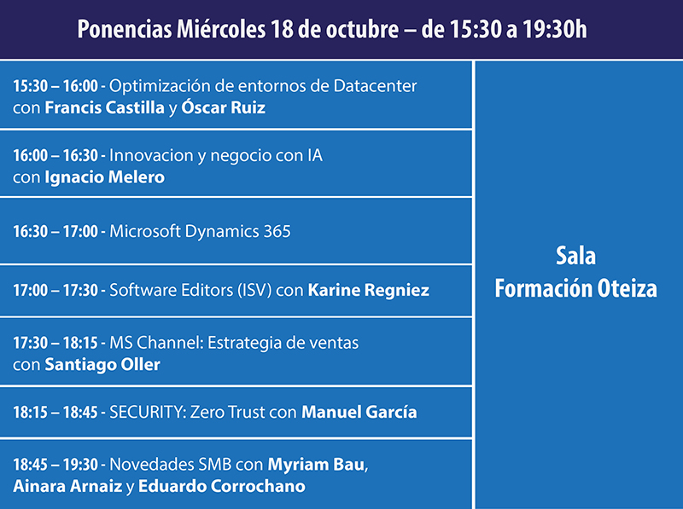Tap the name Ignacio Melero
point(104,177)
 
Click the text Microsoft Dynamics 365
point(201,231)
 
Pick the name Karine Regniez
point(369,291)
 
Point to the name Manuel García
point(359,413)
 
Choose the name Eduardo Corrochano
point(232,486)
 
